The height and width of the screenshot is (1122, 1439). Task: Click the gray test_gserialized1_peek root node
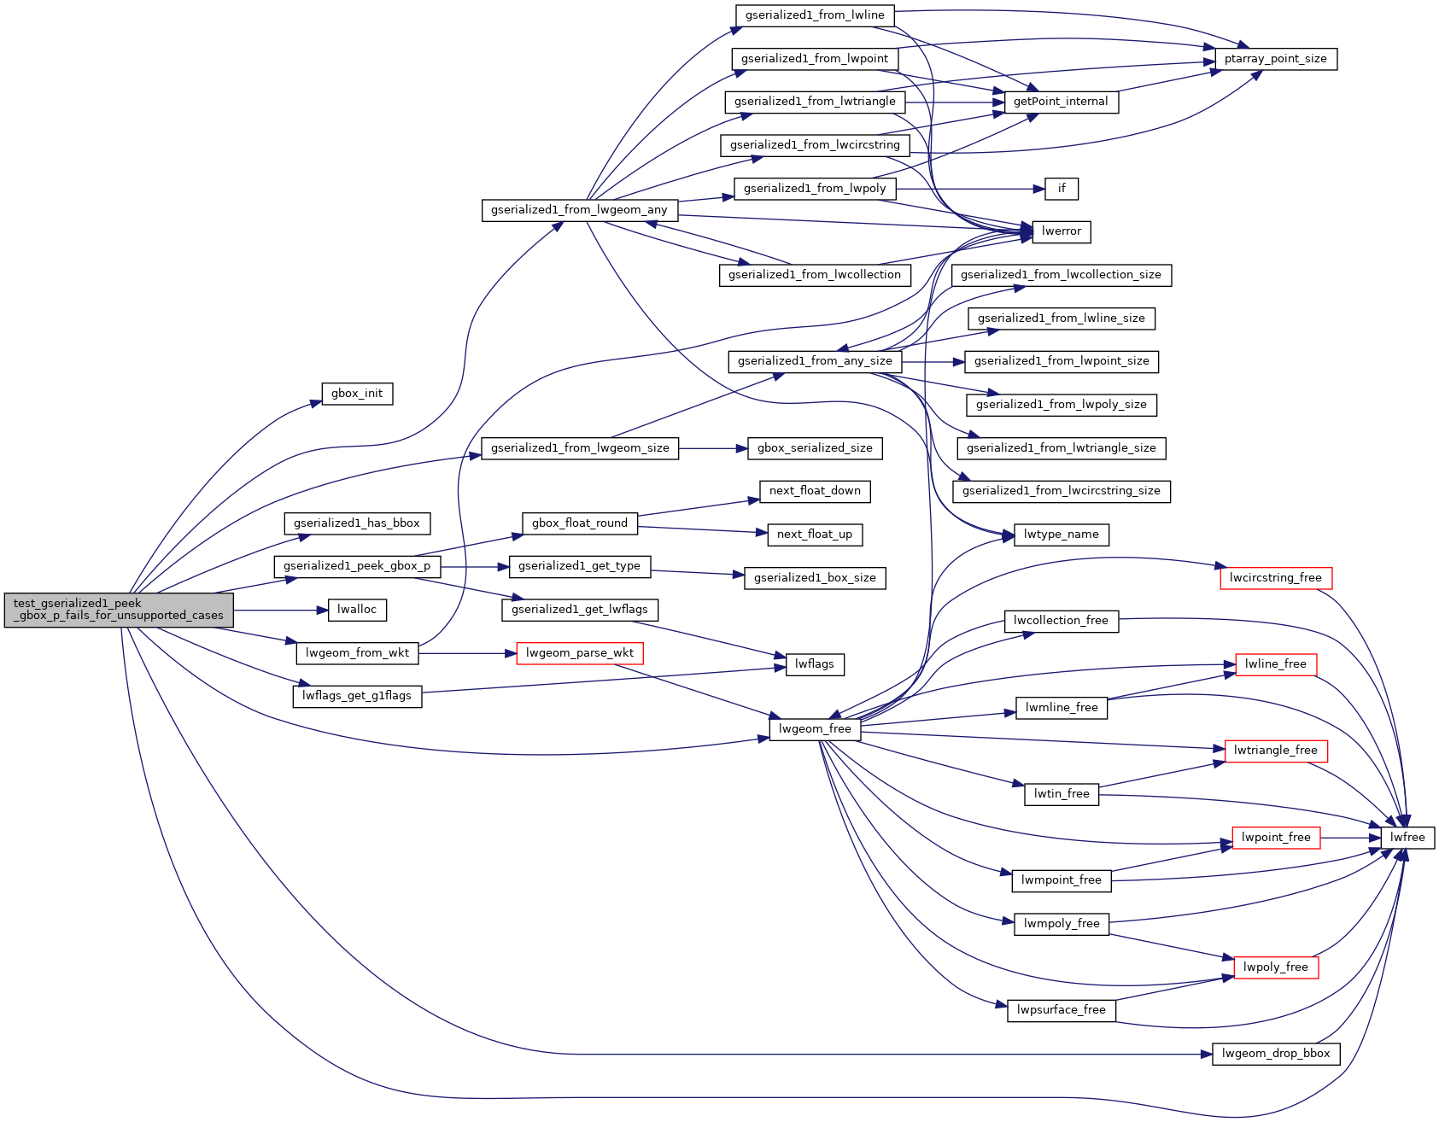pos(119,610)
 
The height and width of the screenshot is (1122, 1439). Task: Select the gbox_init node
pos(357,394)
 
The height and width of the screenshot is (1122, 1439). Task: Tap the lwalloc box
pos(357,610)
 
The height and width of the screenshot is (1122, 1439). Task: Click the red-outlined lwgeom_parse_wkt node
pos(580,653)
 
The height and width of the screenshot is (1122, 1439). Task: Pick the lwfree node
pos(1407,838)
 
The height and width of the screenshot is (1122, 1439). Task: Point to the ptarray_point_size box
pos(1276,59)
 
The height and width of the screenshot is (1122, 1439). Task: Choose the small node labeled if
pos(1062,189)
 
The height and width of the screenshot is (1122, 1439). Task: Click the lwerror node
pos(1062,231)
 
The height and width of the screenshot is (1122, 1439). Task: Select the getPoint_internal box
pos(1061,102)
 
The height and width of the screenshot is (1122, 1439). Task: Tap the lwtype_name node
pos(1062,535)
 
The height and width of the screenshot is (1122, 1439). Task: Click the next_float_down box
pos(815,491)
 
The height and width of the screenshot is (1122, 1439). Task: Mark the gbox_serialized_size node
pos(815,448)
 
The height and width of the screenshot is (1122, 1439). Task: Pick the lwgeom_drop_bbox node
pos(1276,1054)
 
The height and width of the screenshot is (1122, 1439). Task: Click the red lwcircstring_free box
pos(1276,578)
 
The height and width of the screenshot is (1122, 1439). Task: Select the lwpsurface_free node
pos(1062,1010)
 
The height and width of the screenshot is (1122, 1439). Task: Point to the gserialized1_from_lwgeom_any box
pos(580,210)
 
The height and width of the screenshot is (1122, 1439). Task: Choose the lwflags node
pos(815,664)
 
